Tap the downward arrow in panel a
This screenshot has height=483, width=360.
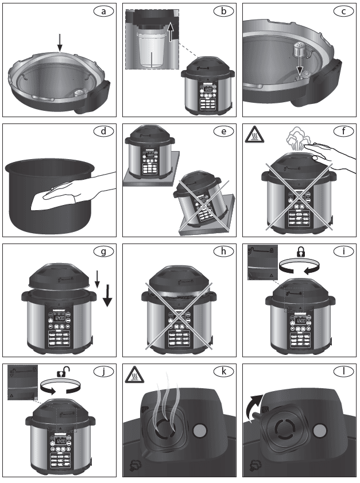point(60,43)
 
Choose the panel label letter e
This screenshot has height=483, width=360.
point(223,132)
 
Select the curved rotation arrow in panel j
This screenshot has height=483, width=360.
point(59,389)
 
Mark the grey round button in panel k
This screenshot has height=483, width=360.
point(198,430)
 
